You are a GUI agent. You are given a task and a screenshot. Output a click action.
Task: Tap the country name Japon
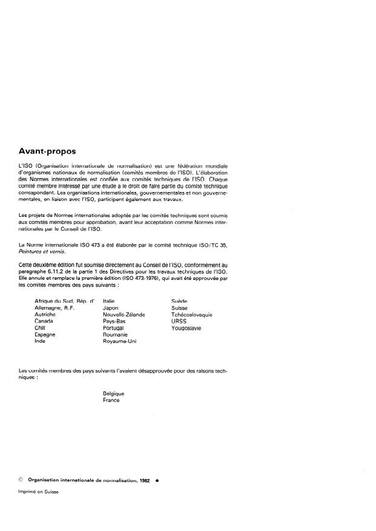111,308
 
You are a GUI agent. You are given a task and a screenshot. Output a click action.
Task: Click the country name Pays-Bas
114,322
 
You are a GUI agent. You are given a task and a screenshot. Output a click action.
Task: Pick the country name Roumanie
116,335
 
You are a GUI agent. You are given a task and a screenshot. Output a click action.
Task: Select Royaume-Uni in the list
120,341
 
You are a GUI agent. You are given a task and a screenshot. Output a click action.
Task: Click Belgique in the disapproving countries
114,394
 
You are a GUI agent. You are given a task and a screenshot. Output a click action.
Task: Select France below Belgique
111,400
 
